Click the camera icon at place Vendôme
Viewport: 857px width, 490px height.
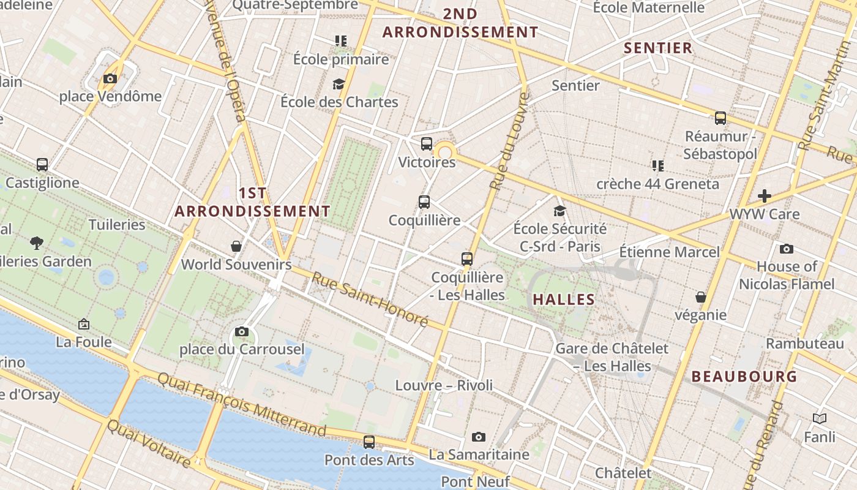point(110,78)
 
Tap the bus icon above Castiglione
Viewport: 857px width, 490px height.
point(42,165)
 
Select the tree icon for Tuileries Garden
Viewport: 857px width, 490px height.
point(37,243)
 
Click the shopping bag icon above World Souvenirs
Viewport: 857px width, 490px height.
point(236,246)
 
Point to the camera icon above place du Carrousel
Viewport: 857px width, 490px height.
point(242,331)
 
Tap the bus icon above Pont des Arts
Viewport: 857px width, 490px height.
point(369,442)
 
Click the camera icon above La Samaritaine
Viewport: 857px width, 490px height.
point(479,437)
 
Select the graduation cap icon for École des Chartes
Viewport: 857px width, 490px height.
point(339,84)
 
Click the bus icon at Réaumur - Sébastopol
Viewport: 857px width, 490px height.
point(720,118)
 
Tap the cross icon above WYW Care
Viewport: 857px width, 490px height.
point(765,196)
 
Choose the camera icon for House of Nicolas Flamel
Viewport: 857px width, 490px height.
point(787,249)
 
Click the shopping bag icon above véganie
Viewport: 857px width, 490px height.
point(701,297)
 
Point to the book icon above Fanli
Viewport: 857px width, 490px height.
point(820,419)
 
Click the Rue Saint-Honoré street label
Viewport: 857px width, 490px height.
point(370,299)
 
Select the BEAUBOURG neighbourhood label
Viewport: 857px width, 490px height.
point(744,377)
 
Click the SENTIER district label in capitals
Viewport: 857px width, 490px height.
point(658,48)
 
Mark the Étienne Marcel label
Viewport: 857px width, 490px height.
point(670,252)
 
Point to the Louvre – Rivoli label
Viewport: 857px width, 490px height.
point(444,385)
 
